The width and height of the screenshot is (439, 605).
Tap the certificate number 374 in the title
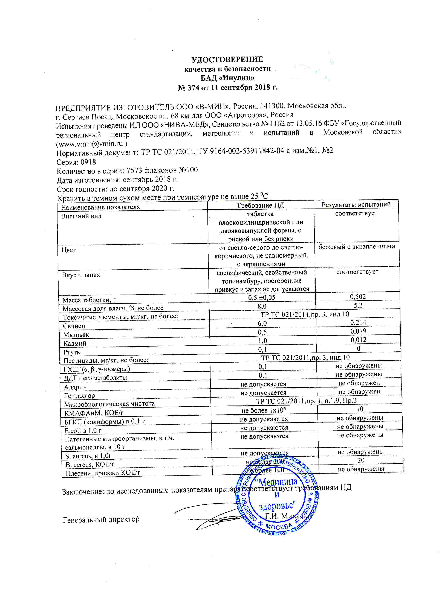tap(193, 88)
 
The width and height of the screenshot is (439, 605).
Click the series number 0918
tap(88, 162)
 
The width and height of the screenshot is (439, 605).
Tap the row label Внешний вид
tap(81, 216)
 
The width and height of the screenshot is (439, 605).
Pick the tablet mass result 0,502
tap(358, 297)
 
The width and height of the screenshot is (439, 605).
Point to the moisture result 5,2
tap(358, 305)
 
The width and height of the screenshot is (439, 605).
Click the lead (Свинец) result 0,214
tap(358, 322)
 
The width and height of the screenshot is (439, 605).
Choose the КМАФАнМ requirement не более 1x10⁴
tap(264, 410)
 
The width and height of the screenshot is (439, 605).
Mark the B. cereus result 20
tap(361, 460)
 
